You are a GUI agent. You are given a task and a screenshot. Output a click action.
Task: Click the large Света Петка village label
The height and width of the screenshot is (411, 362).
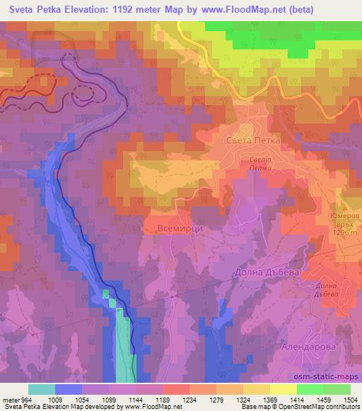[252, 141]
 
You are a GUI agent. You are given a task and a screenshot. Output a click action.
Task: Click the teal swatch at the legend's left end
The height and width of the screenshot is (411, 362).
[42, 389]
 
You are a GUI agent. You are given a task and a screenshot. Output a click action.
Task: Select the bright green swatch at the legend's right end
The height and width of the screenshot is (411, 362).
[337, 389]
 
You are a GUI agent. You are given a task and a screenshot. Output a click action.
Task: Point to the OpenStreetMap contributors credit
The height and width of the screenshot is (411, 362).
[322, 407]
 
